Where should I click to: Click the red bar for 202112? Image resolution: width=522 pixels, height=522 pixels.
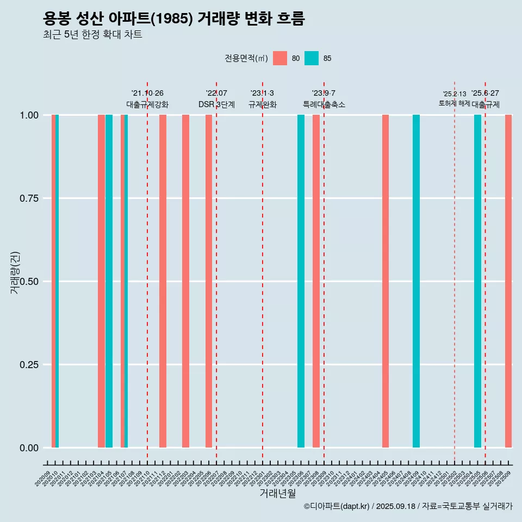(163, 281)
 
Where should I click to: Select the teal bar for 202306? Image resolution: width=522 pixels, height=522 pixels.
(301, 281)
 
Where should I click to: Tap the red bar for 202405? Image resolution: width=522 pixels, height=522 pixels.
(386, 281)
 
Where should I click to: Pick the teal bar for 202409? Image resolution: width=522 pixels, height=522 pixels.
(416, 281)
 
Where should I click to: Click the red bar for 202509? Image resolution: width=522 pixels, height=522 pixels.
(508, 281)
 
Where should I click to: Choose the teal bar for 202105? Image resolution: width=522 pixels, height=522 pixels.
(109, 281)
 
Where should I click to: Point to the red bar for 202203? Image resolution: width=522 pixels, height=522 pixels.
(185, 281)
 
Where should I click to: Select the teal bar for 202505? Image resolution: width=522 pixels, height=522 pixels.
(477, 281)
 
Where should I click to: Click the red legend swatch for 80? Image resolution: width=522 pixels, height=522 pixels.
(280, 58)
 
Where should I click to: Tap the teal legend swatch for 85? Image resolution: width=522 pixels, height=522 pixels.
(312, 58)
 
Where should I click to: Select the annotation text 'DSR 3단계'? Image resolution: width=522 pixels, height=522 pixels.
(216, 104)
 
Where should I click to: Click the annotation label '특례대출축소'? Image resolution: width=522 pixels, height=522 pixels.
(324, 104)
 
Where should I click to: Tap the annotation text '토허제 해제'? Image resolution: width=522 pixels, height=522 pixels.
(454, 103)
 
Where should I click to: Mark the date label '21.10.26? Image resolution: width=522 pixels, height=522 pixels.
(147, 94)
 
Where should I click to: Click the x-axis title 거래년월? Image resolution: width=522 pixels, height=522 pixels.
(277, 494)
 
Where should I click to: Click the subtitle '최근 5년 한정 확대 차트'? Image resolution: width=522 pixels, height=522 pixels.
(92, 35)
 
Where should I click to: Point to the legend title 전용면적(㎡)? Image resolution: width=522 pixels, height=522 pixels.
(246, 58)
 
